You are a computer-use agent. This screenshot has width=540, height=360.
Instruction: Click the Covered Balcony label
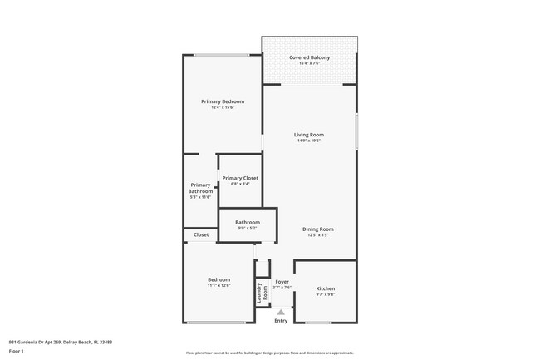point(309,57)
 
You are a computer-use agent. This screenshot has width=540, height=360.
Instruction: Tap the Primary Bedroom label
point(223,101)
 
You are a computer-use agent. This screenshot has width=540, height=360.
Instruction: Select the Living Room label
point(309,135)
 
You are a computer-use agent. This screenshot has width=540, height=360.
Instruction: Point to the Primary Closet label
point(240,178)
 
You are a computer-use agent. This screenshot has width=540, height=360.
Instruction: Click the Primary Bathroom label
point(200,188)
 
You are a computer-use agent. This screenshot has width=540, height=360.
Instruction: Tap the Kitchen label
point(326,288)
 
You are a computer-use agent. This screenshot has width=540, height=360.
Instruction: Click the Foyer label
point(282,282)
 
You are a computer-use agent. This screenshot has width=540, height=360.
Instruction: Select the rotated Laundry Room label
point(262,292)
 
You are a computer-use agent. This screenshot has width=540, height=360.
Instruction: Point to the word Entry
point(281,320)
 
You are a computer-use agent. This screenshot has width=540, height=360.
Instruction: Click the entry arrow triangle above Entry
point(281,312)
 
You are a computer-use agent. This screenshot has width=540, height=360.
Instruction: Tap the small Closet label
point(201,235)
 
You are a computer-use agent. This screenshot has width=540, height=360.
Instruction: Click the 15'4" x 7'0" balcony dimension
point(309,63)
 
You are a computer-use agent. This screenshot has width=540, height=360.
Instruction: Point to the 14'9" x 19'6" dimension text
point(309,141)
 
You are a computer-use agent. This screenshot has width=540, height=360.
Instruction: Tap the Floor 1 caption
point(16,352)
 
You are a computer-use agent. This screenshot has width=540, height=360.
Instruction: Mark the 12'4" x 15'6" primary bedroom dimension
point(223,107)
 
